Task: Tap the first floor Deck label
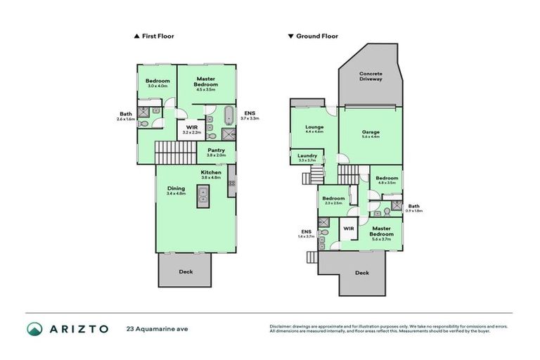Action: coord(186,272)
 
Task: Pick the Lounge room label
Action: coord(314,127)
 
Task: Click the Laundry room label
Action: coord(307,155)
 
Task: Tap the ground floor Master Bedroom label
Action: coord(382,231)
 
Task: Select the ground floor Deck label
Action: coord(361,273)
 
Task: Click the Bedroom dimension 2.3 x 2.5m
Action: coord(333,203)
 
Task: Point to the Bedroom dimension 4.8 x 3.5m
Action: coord(387,183)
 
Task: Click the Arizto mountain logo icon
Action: coord(35,328)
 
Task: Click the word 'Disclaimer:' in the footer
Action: coord(281,326)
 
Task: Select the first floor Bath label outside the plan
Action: coord(126,114)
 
